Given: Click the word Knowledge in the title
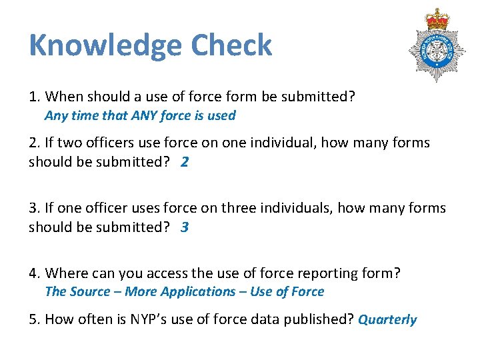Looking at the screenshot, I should coord(105,46).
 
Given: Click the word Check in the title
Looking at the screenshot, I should coord(231,46).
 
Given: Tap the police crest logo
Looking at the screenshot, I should coord(437,47).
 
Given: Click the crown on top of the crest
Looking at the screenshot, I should coord(438,19).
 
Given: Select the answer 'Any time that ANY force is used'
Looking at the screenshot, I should coord(140,115).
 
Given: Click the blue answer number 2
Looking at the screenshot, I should coord(185,162).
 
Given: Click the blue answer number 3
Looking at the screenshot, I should coord(185,227).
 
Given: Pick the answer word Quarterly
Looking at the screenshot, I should coord(387,319).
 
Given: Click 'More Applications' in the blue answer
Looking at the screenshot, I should coord(180,291).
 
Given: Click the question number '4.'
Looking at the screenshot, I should coord(35,273).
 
